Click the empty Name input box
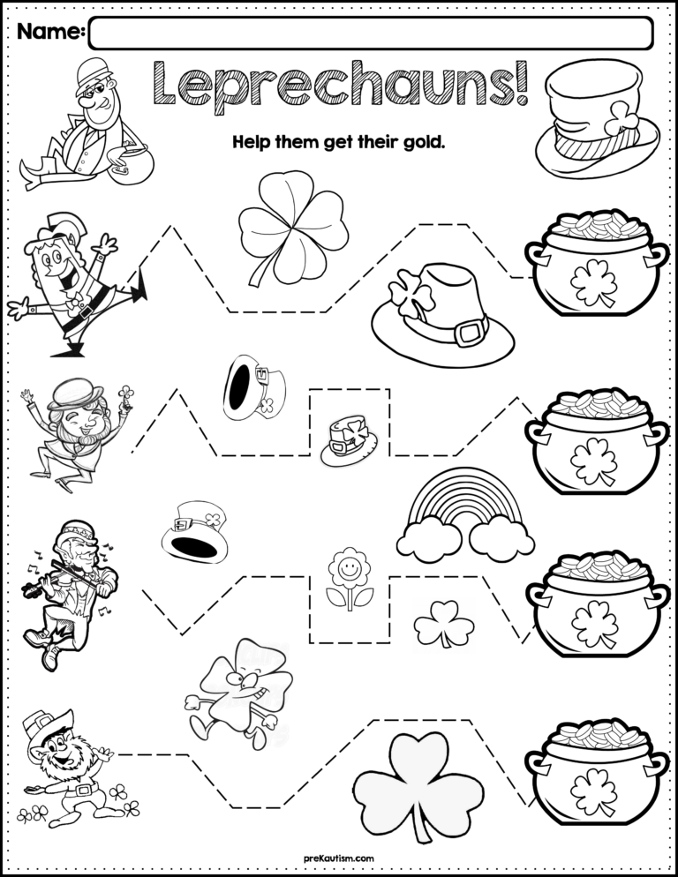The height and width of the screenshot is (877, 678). coord(371,34)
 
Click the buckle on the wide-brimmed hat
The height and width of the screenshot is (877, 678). coord(471,333)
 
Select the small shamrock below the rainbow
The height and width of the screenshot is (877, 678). coord(443,624)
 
